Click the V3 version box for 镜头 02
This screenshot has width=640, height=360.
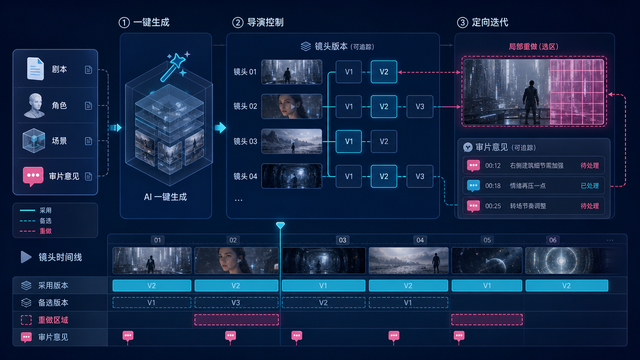coord(419,106)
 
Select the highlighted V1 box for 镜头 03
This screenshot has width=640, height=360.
coord(348,141)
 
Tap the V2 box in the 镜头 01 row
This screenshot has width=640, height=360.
coord(383,71)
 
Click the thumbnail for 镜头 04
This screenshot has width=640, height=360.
coord(291,176)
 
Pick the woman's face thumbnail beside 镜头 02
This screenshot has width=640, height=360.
coord(291,106)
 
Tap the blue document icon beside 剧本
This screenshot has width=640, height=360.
coord(35,69)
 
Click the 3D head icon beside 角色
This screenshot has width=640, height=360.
coord(34,105)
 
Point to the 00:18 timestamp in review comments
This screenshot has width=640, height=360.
coord(493,185)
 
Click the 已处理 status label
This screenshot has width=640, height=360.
coord(589,185)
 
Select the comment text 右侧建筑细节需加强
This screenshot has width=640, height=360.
coord(536,165)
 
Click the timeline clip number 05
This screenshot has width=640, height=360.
coord(487,240)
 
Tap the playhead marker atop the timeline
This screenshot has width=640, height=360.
coord(280,225)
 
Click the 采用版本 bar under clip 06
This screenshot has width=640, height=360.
coord(566,285)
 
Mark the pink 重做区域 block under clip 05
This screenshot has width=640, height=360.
coord(487,319)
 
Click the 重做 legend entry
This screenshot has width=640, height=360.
coord(35,231)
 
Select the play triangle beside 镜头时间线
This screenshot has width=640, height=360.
coord(26,257)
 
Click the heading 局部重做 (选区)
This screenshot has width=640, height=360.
coord(533,46)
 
